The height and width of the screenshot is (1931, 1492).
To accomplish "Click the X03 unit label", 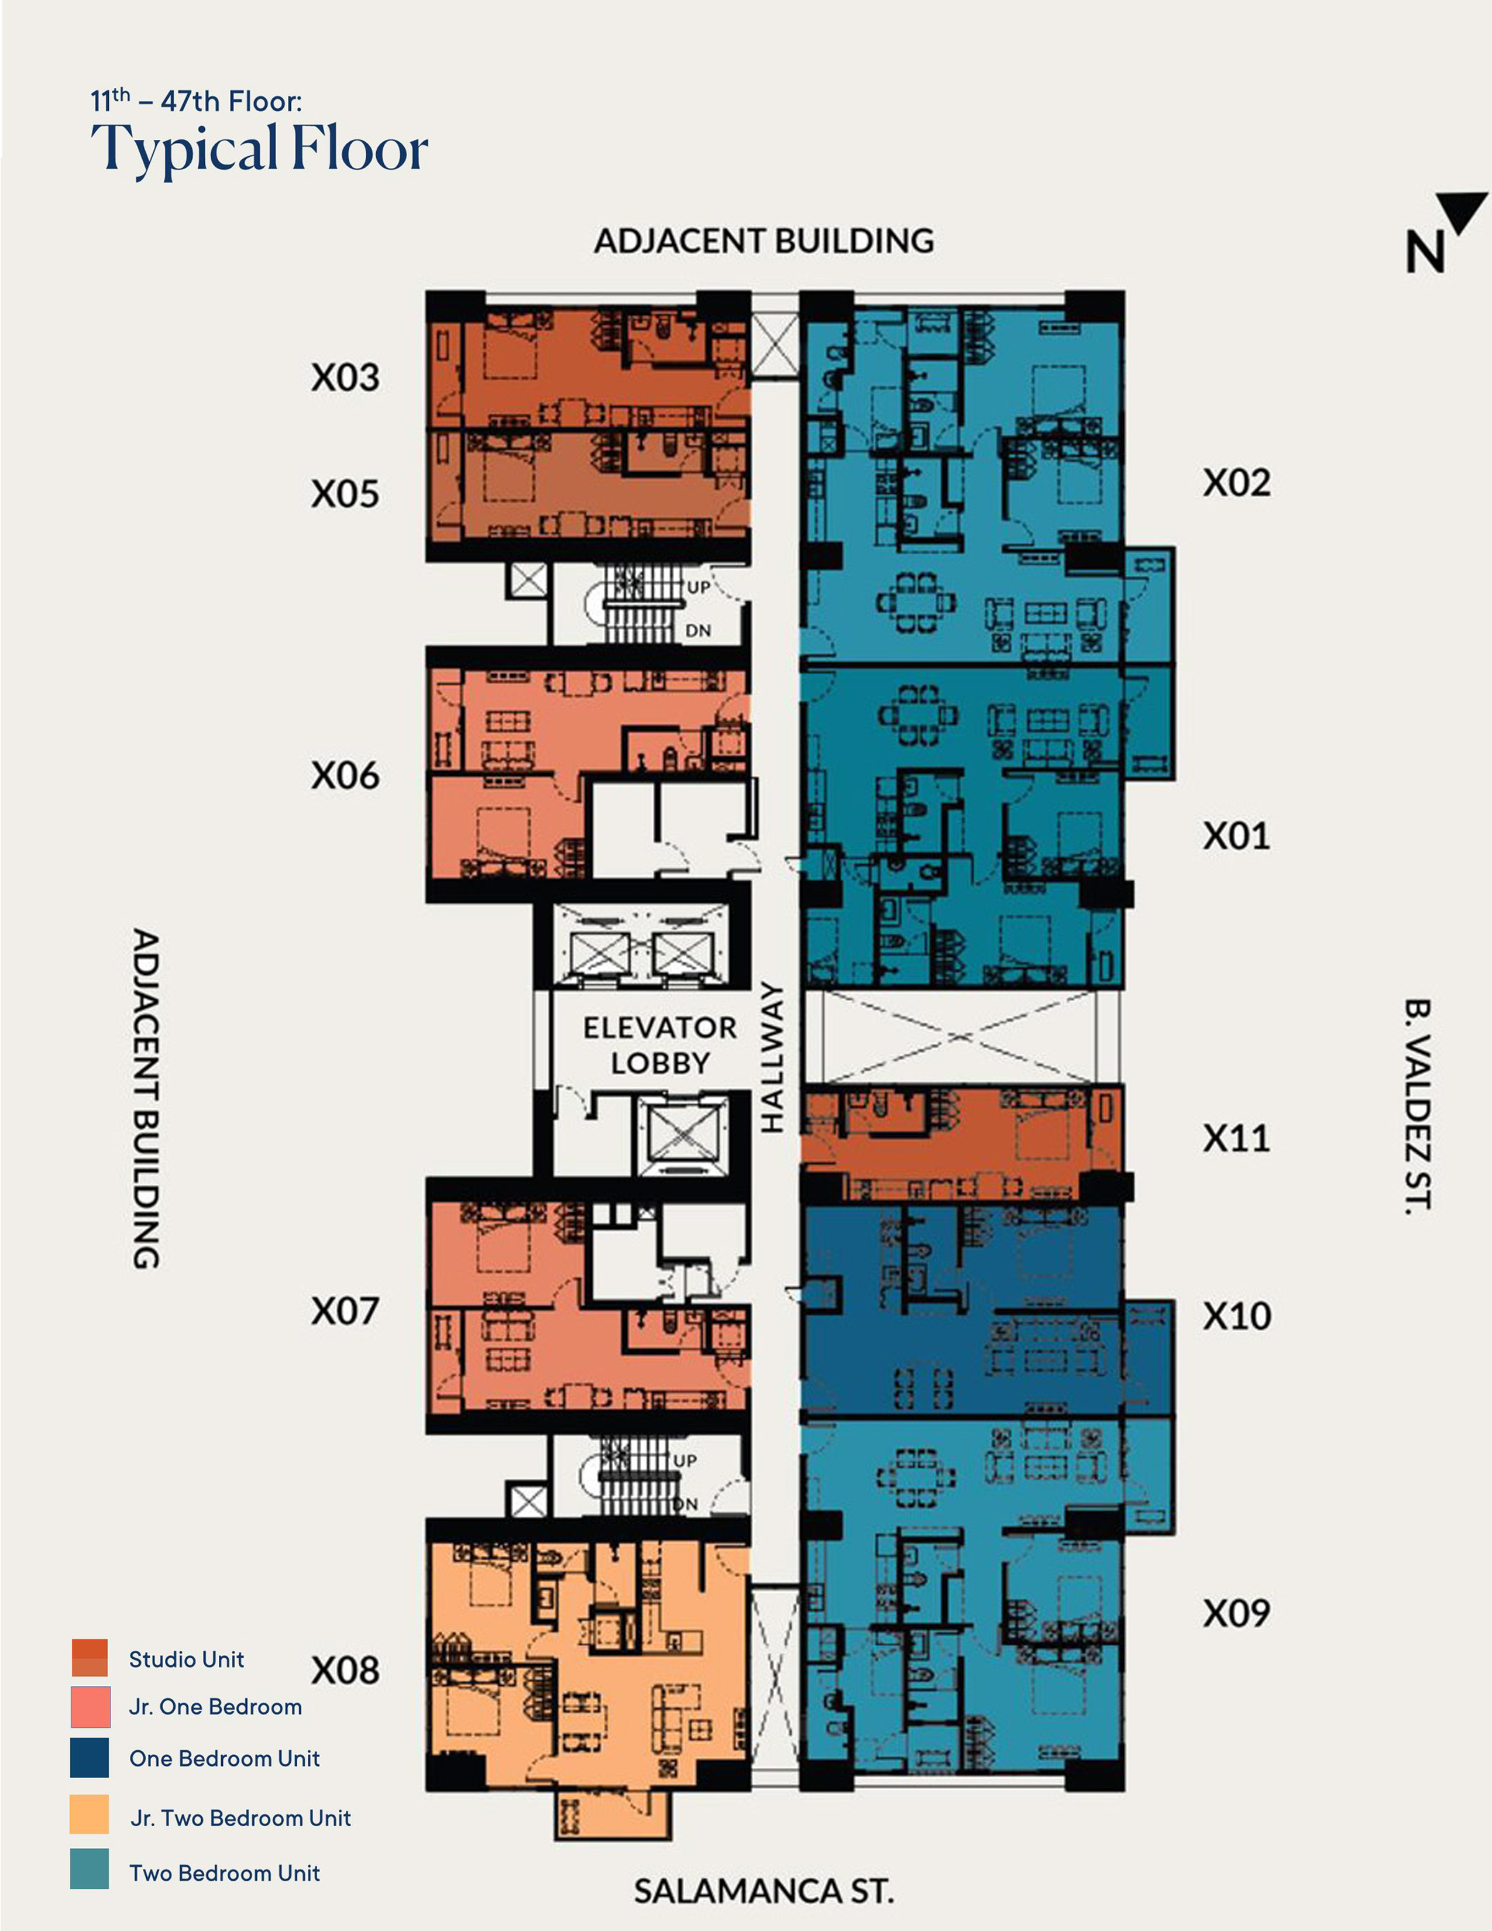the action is (x=345, y=377).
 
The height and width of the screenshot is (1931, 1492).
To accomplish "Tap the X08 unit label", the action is (x=345, y=1670).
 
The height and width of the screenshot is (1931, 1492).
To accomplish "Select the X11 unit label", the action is (x=1236, y=1139).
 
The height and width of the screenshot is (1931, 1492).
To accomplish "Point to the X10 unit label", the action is (x=1236, y=1317).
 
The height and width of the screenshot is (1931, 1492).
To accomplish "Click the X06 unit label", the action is (x=345, y=775).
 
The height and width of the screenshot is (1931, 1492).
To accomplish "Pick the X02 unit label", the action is (x=1236, y=483).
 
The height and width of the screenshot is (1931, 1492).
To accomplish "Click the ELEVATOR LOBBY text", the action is (x=659, y=1045).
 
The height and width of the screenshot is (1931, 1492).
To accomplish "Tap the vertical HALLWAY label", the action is (x=772, y=1057).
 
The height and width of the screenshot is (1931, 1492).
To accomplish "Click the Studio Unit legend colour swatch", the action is (x=90, y=1658).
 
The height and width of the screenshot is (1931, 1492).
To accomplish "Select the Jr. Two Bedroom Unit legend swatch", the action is (x=90, y=1815).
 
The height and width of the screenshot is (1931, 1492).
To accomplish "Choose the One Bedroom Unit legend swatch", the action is (x=90, y=1758).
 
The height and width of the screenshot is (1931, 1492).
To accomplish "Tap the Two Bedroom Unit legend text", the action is (x=225, y=1872).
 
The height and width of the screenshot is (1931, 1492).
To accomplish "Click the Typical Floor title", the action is (x=259, y=149).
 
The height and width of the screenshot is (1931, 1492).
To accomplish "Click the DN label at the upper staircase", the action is (x=698, y=630).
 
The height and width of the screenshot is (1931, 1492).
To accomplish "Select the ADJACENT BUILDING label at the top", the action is (x=764, y=240).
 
